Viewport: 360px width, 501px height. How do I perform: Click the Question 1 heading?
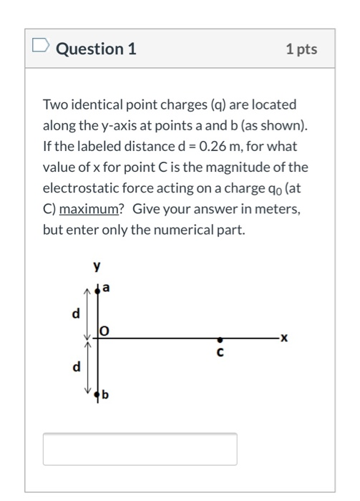[96, 49]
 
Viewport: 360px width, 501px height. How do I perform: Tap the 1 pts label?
[301, 49]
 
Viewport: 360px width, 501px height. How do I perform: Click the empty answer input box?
[140, 449]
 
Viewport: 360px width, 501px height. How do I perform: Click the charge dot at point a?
[99, 290]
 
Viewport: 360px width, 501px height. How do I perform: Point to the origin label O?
[104, 330]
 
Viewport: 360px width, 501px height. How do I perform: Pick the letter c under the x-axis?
[220, 351]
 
